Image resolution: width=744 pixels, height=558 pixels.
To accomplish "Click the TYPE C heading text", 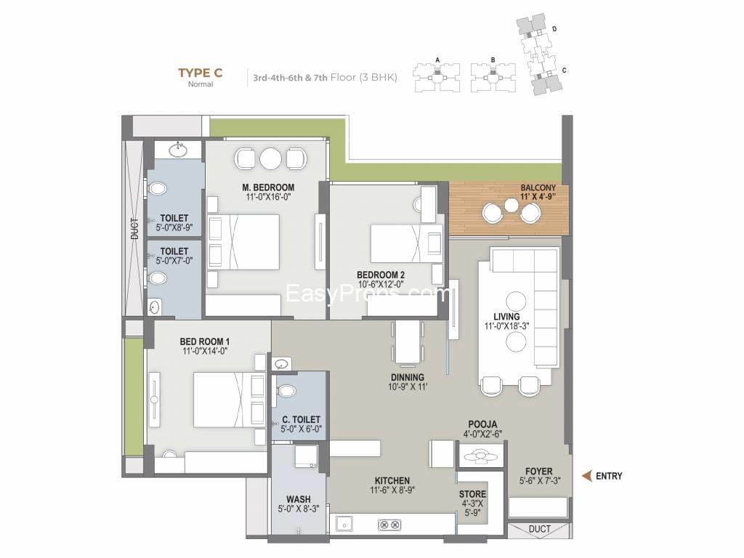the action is pyautogui.click(x=201, y=73).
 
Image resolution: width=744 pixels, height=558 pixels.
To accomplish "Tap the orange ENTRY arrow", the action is pyautogui.click(x=587, y=475).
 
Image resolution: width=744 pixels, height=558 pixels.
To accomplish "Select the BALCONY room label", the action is pyautogui.click(x=538, y=188).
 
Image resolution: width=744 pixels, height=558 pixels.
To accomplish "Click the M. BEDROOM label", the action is pyautogui.click(x=268, y=187).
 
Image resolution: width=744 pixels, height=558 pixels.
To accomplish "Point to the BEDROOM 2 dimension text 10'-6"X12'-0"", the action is pyautogui.click(x=381, y=284).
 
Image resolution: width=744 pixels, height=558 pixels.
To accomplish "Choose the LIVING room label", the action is pyautogui.click(x=506, y=317).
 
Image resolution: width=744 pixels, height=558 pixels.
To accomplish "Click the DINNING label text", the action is pyautogui.click(x=408, y=377).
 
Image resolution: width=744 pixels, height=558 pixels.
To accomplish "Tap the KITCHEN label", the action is pyautogui.click(x=392, y=481).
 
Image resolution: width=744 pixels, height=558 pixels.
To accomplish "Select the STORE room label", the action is pyautogui.click(x=472, y=494).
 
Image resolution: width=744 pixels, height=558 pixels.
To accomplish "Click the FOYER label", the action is pyautogui.click(x=539, y=471).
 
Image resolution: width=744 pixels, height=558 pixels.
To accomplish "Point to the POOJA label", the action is pyautogui.click(x=482, y=424).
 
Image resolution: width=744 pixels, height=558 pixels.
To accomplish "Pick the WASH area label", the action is pyautogui.click(x=299, y=499).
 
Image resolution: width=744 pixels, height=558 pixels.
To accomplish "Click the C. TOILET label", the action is pyautogui.click(x=301, y=419).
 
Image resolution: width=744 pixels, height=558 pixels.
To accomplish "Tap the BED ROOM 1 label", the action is pyautogui.click(x=204, y=341).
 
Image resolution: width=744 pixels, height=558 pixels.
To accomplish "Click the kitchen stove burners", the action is pyautogui.click(x=389, y=525).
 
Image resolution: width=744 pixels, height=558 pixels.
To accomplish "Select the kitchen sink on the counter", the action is pyautogui.click(x=344, y=525).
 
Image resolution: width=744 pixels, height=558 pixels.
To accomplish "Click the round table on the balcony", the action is pyautogui.click(x=511, y=206).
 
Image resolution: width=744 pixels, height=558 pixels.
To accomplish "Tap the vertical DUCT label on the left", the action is pyautogui.click(x=134, y=229).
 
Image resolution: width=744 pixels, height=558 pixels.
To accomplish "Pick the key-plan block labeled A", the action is pyautogui.click(x=437, y=76).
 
